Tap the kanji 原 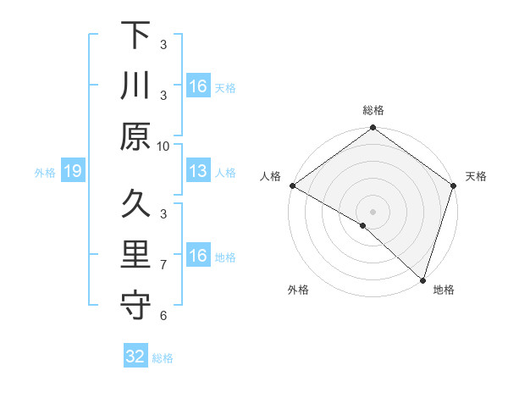coord(135,136)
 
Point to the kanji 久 coord(135,204)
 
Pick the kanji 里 coord(135,255)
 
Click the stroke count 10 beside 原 coord(163,146)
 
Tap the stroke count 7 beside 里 coord(163,265)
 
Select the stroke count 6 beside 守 coord(163,316)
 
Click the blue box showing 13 coord(198,172)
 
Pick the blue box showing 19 coord(73,172)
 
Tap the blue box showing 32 coord(135,357)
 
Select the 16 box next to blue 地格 coord(198,256)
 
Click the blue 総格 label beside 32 coord(163,358)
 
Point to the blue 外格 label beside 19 coord(45,173)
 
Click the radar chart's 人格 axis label coord(271,176)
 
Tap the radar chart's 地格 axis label coord(444,290)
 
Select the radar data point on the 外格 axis coord(363,225)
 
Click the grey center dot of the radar coord(373,211)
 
